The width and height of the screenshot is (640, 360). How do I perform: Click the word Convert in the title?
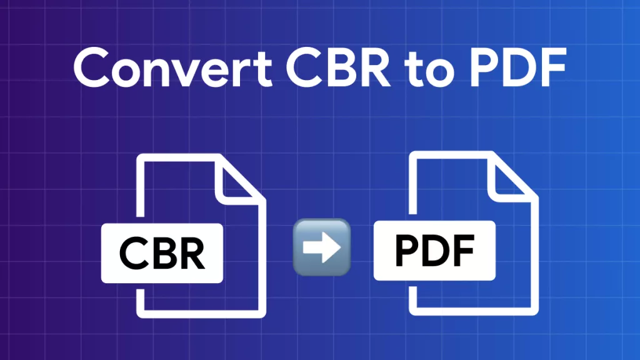[x=172, y=67]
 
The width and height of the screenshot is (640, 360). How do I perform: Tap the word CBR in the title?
[x=338, y=67]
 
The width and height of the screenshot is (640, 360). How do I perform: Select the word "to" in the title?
[x=429, y=70]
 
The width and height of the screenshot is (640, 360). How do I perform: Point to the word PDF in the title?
[x=518, y=67]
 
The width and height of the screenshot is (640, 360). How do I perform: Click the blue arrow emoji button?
[x=322, y=247]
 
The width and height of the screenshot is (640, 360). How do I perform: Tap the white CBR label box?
[x=162, y=253]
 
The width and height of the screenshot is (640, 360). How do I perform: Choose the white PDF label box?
[x=434, y=251]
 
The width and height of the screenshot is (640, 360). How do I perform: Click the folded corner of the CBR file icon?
[x=238, y=182]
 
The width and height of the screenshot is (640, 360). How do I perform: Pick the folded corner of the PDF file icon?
[x=511, y=179]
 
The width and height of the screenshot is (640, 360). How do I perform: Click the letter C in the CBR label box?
[x=133, y=254]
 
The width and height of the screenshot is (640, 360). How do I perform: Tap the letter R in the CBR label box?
[x=191, y=254]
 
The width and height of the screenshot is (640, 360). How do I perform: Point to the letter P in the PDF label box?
[x=408, y=251]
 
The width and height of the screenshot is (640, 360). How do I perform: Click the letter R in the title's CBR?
[x=375, y=67]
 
